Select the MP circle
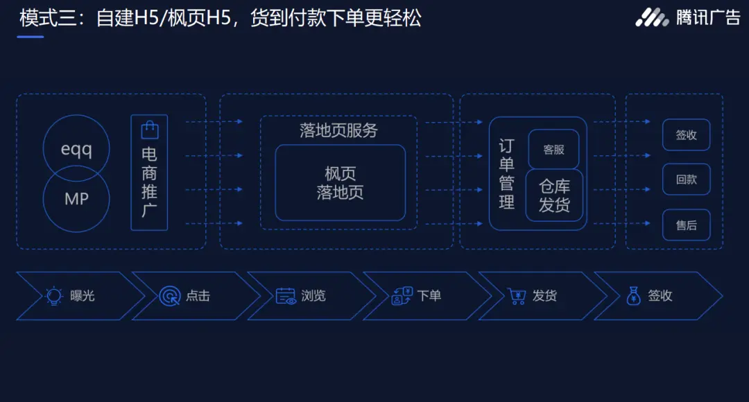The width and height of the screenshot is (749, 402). pyautogui.click(x=76, y=199)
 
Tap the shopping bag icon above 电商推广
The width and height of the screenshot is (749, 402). pyautogui.click(x=149, y=130)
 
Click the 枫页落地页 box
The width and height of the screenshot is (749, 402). pyautogui.click(x=340, y=182)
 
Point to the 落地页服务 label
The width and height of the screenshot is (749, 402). pyautogui.click(x=338, y=130)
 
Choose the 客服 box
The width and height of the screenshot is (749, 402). pyautogui.click(x=553, y=149)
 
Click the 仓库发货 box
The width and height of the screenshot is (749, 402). pyautogui.click(x=554, y=196)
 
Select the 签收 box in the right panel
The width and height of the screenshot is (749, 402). pyautogui.click(x=686, y=135)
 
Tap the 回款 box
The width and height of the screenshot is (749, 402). pyautogui.click(x=686, y=180)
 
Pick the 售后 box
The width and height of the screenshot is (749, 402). pyautogui.click(x=686, y=225)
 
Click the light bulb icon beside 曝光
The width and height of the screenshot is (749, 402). pyautogui.click(x=54, y=296)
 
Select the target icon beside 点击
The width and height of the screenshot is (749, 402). pyautogui.click(x=169, y=296)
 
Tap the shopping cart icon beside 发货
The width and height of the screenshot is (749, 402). pyautogui.click(x=517, y=296)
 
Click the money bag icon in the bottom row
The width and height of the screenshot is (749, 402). pyautogui.click(x=633, y=296)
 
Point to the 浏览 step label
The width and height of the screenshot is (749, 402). pyautogui.click(x=313, y=296)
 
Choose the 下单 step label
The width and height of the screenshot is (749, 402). pyautogui.click(x=429, y=296)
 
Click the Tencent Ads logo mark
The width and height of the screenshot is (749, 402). pyautogui.click(x=652, y=17)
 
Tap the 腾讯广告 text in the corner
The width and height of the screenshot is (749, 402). pyautogui.click(x=708, y=17)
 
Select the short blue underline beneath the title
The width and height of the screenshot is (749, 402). pyautogui.click(x=31, y=37)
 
